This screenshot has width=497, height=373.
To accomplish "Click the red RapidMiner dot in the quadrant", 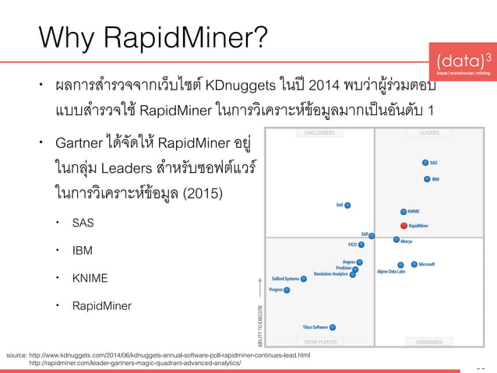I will tap(404, 226).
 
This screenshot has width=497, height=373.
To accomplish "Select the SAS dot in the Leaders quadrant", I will tap(425, 163).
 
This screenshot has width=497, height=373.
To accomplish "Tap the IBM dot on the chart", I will tap(426, 178).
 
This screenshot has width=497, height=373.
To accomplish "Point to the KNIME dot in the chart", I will tap(403, 211).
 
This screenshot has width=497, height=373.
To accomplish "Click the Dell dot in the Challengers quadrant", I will tap(347, 206).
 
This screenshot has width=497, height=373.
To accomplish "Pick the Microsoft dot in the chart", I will tap(414, 264).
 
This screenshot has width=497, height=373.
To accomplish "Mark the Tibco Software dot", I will tap(333, 327).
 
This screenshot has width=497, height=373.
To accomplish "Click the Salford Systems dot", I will tap(304, 278).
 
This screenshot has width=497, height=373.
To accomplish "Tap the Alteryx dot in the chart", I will tap(396, 240).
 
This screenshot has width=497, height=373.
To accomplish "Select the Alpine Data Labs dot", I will tap(400, 265).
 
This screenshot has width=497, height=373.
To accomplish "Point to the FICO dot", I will tap(361, 245).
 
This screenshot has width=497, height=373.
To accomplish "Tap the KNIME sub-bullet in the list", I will tap(90, 278).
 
